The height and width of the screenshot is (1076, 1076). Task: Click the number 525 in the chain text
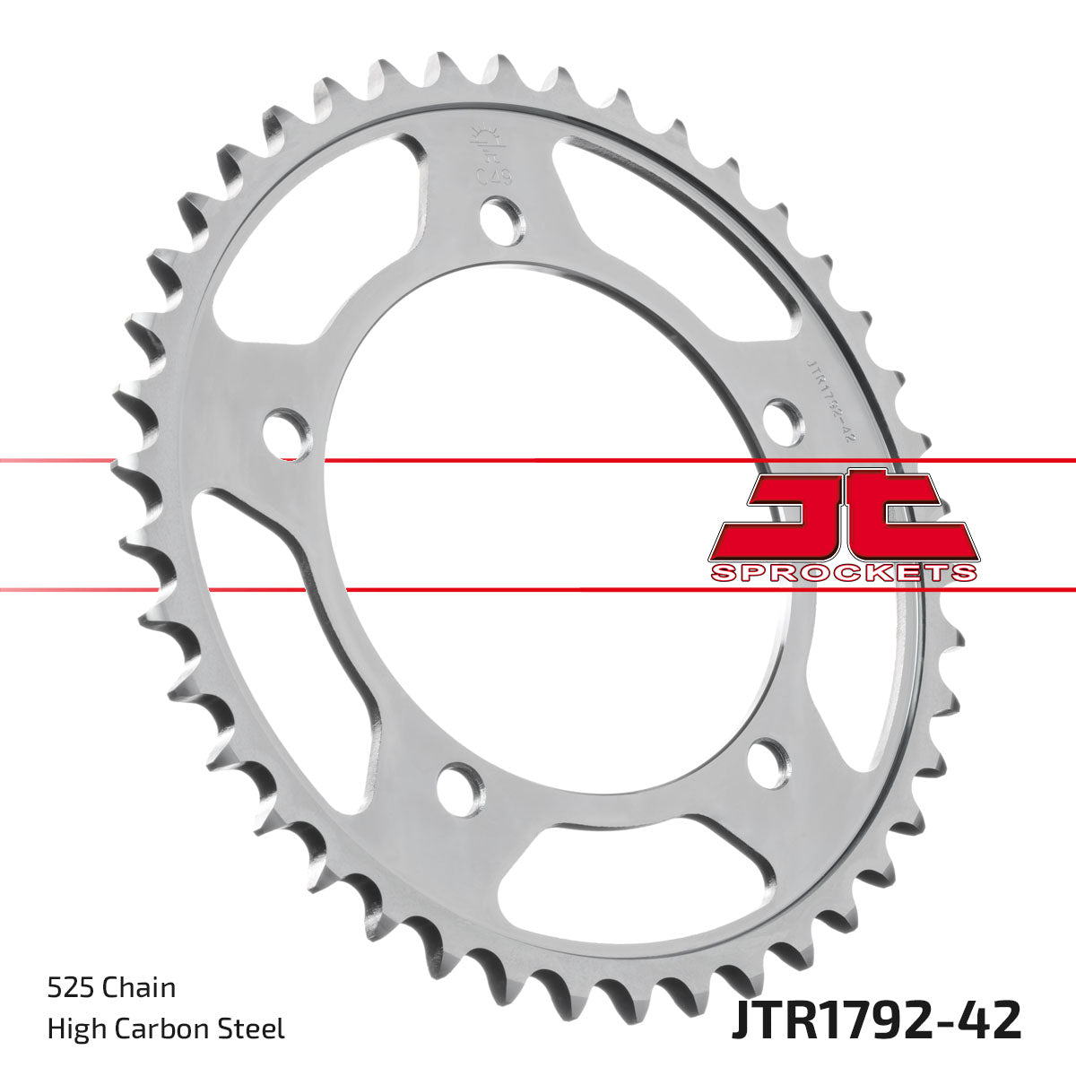coord(71,988)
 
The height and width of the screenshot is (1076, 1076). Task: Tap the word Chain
coord(139,988)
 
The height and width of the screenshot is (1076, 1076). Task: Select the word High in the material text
coord(73,1028)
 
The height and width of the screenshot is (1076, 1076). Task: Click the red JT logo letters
coord(843,516)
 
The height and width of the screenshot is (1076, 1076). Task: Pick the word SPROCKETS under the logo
coord(843,573)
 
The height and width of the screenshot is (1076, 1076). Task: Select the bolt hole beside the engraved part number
coord(782,419)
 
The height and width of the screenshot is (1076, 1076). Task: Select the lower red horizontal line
coord(538,590)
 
